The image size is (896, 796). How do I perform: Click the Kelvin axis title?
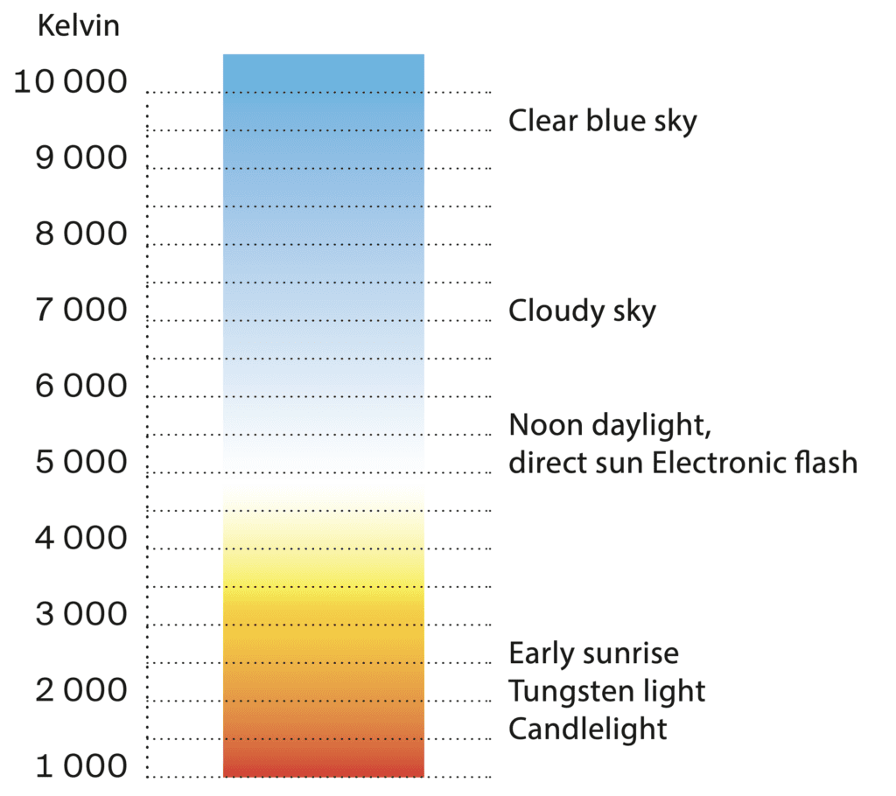coord(78,25)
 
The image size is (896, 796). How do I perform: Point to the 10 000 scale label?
coord(70,81)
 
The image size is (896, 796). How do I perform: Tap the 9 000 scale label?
coord(81,157)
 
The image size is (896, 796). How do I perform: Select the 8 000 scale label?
coord(81,234)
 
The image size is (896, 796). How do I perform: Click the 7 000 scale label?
coord(81,309)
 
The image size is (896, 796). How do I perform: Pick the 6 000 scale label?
coord(81,385)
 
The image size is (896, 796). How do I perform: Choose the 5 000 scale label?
coord(81,461)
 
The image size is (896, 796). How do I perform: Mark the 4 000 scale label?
coord(81,537)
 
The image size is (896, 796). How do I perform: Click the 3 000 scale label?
coord(81,613)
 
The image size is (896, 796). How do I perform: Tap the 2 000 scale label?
coord(81,689)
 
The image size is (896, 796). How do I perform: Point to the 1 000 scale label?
coord(81,765)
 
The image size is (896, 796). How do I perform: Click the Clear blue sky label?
coord(603,121)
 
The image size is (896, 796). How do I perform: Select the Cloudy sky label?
coord(582,311)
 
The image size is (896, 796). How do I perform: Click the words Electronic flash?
coord(754,462)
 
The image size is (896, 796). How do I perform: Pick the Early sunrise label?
coord(594,653)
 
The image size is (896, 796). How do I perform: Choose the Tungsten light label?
coord(607,691)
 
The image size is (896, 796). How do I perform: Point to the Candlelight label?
coord(587,729)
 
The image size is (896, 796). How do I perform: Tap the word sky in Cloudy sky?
coord(634,312)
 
